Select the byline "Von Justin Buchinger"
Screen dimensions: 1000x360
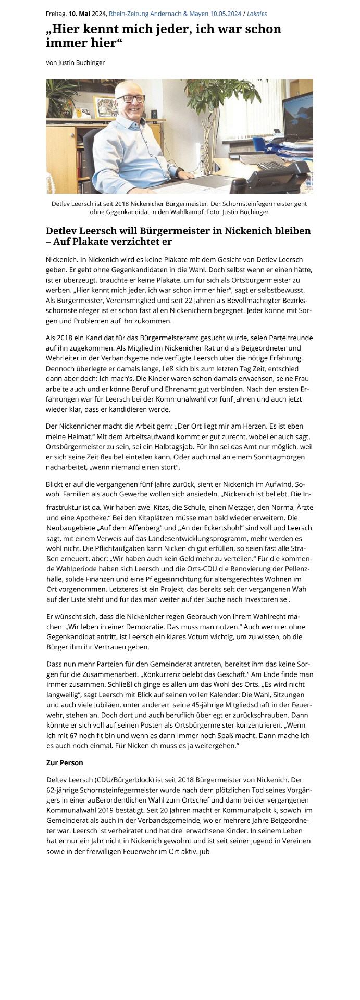coord(76,63)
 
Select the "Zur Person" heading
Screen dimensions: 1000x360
coord(65,762)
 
